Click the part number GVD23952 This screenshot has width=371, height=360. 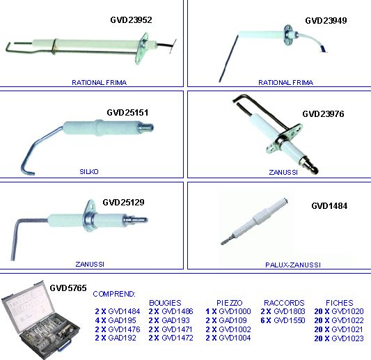(x=131, y=20)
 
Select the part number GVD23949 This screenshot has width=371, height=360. (x=326, y=21)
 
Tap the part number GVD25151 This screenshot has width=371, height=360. (x=127, y=112)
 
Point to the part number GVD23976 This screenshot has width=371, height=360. (x=323, y=114)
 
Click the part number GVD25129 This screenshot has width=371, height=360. (x=123, y=203)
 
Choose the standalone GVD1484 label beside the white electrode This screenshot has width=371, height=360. (x=329, y=206)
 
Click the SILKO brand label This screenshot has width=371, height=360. (x=89, y=171)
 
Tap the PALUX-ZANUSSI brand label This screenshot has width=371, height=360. (x=293, y=265)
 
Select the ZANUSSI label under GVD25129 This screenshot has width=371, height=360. (x=90, y=264)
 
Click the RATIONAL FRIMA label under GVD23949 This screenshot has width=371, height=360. (x=286, y=83)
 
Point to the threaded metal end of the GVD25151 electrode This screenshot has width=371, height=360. (x=146, y=128)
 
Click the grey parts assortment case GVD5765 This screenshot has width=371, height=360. (x=40, y=320)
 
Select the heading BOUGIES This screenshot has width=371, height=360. (x=165, y=303)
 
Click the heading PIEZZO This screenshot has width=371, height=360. (x=230, y=303)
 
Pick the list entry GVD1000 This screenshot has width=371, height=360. (x=235, y=311)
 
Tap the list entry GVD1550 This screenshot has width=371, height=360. (x=290, y=320)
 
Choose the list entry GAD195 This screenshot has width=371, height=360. (x=122, y=320)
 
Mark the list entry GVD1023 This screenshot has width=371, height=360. (x=347, y=338)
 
